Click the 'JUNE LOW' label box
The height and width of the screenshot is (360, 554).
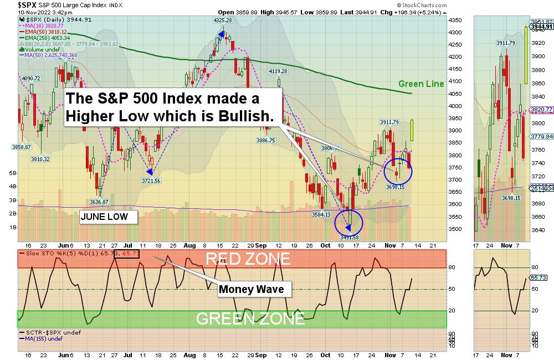pos(109,217)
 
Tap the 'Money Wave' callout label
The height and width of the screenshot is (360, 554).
pos(250,289)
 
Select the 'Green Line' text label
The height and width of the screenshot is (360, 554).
pos(421,84)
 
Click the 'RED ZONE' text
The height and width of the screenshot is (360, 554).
pos(248,259)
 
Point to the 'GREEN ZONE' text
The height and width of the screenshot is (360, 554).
pos(250,318)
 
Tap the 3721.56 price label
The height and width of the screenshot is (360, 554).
pos(151,181)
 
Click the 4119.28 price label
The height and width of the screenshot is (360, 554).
pos(278,71)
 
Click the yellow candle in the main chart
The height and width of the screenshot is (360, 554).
pos(412,130)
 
